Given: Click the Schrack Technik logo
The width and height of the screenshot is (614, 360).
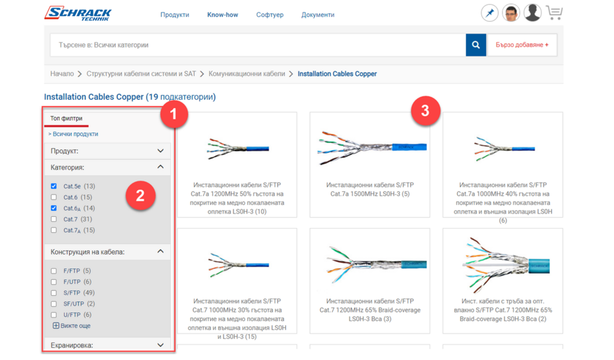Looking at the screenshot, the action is click(x=78, y=13).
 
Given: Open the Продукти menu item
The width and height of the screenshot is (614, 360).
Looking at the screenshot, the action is click(x=174, y=15).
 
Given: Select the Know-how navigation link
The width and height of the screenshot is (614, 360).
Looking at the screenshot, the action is click(x=223, y=15).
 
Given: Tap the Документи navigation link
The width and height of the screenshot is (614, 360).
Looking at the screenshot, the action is click(x=317, y=15).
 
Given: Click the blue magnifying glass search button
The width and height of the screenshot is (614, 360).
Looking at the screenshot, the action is click(x=476, y=45).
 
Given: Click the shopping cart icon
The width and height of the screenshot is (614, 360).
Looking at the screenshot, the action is click(x=555, y=13).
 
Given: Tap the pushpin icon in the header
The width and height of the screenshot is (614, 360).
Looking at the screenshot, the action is click(x=490, y=13).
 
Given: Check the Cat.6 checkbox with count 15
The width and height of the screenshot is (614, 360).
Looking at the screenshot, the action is click(x=54, y=197).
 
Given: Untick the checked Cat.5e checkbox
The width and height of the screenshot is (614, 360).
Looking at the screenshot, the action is click(x=54, y=186).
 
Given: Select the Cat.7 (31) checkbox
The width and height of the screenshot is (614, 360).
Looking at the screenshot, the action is click(x=54, y=219).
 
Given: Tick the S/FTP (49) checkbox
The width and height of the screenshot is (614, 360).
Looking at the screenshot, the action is click(x=54, y=292).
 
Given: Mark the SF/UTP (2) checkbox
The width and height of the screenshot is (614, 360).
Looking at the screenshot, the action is click(x=54, y=303).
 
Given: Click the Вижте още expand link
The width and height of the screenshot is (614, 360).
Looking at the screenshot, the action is click(x=72, y=326).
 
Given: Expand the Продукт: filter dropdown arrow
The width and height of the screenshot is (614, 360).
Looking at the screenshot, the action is click(x=160, y=151).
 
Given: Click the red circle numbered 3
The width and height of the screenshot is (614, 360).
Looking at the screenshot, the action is click(x=426, y=111).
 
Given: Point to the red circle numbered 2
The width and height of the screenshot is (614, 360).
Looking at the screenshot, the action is click(x=140, y=195).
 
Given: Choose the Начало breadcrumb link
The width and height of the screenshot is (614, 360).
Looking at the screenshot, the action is click(x=62, y=74).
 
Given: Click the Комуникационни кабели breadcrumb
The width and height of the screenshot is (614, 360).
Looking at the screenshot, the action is click(x=247, y=74).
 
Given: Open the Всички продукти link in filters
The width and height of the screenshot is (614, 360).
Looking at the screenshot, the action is click(x=73, y=134).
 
